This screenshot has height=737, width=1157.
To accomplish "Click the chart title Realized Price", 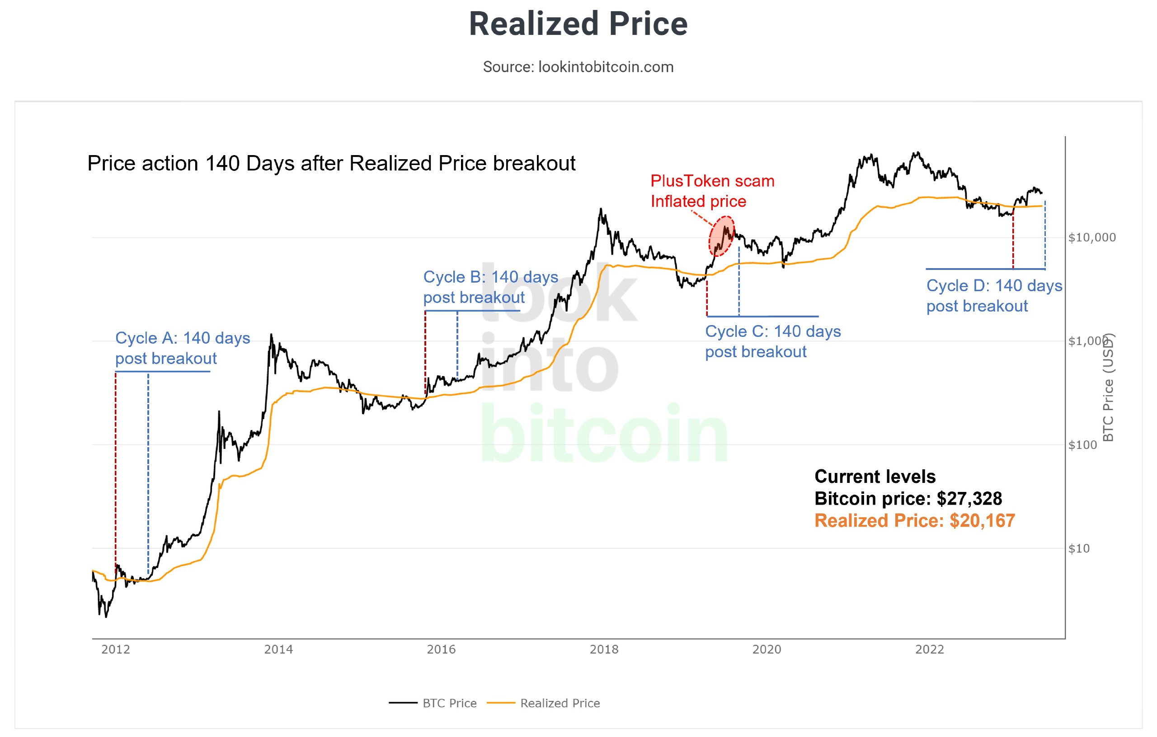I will pos(578,24).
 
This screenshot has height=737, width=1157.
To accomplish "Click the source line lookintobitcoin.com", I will pos(578,67).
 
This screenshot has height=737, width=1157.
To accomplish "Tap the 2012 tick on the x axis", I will pos(115,649).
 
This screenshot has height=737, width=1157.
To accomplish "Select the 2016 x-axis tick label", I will pos(441,649).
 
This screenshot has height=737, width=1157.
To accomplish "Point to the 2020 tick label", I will pos(767,649).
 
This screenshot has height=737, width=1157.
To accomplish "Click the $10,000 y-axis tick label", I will pos(1091,237).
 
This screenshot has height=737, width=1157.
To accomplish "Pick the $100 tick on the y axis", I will pos(1082,445).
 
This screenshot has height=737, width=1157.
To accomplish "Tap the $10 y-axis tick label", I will pos(1079,548).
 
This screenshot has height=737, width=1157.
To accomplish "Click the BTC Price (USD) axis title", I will pos(1108,387).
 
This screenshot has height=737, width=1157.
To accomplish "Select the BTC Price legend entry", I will pos(449,704).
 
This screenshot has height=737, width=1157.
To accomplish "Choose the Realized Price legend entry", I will pos(560,704).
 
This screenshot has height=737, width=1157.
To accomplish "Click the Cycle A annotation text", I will pos(182,348).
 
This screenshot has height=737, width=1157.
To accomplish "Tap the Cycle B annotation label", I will pos(490,287).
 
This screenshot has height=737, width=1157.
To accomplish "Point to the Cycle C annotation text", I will pos(773,341).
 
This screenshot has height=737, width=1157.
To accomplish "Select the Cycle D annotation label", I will pos(994,296).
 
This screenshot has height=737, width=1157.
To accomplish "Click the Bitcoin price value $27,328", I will pos(969,499).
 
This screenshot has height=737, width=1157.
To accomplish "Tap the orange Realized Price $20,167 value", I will pos(982,521).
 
